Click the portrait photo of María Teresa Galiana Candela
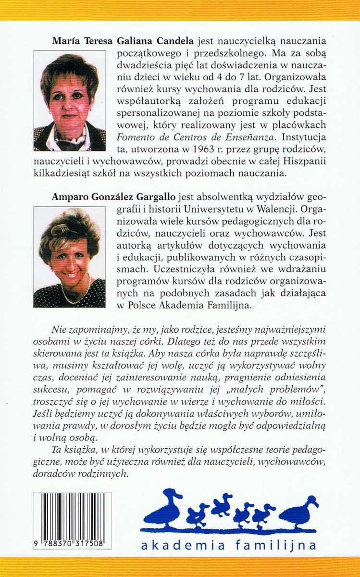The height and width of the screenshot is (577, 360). (69, 100)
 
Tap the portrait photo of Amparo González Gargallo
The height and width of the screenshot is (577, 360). (69, 257)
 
